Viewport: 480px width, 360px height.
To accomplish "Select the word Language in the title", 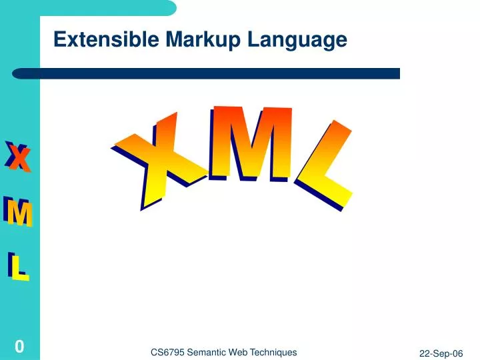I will (298, 41).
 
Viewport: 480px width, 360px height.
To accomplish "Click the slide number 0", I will (19, 346).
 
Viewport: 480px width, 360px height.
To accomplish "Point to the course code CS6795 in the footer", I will (168, 353).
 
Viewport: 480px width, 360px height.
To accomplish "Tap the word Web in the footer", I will (243, 353).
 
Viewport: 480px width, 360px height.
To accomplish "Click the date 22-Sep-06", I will (441, 354).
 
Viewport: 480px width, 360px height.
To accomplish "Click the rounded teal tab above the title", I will (107, 7).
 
